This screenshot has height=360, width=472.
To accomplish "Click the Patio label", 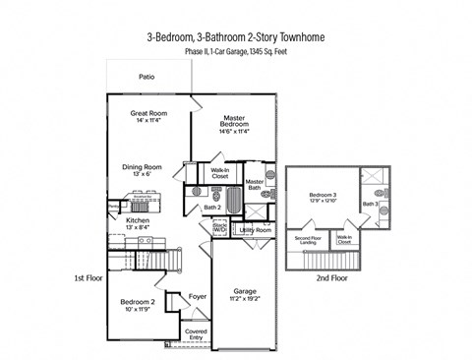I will coord(147,76).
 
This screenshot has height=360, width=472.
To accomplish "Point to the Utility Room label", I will coord(255,230).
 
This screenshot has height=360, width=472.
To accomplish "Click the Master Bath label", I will coord(255,185).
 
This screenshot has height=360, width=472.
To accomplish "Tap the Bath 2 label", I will coord(211,208).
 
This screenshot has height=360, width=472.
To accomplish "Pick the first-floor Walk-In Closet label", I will coord(220,174).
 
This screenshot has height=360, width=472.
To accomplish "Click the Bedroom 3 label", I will coord(323,198).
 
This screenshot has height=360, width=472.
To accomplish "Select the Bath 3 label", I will coord(370,205).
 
